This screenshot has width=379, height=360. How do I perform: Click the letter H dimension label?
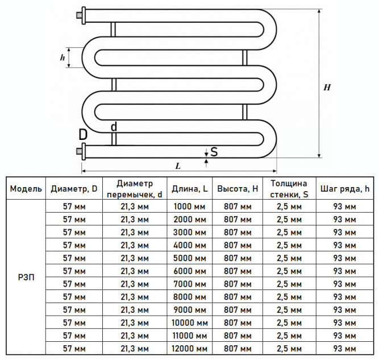coord(327,87)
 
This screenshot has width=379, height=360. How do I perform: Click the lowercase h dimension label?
coord(63,57)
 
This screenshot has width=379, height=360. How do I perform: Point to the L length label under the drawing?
coord(178,166)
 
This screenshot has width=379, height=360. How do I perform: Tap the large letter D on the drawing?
coord(83,135)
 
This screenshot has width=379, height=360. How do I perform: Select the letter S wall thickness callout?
coord(214,152)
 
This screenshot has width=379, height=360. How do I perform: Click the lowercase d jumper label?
coord(114,126)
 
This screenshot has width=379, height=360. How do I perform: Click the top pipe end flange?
coord(84,16)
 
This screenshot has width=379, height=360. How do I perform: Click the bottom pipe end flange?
coord(84,151)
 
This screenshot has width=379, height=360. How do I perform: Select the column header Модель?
coord(26,189)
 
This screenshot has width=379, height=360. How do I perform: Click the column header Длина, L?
coord(190,189)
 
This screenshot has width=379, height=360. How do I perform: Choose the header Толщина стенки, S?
coord(289,189)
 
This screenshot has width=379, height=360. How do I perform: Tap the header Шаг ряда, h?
coord(345,189)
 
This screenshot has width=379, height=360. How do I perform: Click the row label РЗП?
coord(26,278)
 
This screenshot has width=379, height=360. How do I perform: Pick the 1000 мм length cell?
coord(190,206)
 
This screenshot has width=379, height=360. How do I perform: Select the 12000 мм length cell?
coord(190,349)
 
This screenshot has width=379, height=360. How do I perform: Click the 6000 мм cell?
coord(190,271)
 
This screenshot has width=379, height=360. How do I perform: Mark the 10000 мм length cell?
coord(190,322)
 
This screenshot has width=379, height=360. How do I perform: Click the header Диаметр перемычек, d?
coord(135,189)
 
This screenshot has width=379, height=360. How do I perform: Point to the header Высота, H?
coord(238,189)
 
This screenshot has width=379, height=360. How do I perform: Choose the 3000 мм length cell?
coord(190,232)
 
